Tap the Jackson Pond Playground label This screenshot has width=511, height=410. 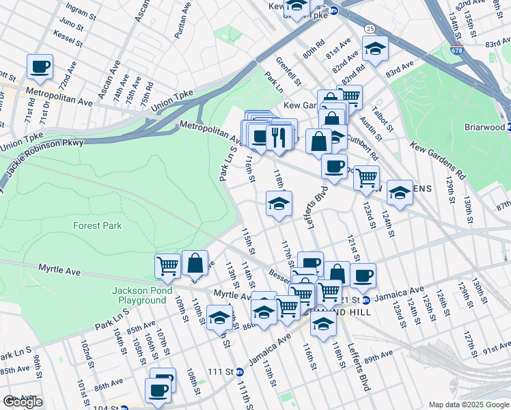tap(139, 296)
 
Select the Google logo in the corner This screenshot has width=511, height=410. tap(23, 402)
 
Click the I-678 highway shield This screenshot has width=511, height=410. tap(456, 50)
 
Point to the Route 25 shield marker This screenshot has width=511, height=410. tap(369, 29)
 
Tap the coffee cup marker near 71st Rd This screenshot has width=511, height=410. tap(40, 67)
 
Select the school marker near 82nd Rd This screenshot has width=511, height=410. tap(375, 49)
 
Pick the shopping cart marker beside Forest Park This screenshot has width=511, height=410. tap(167, 265)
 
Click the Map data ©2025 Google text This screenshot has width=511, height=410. tap(468, 405)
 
